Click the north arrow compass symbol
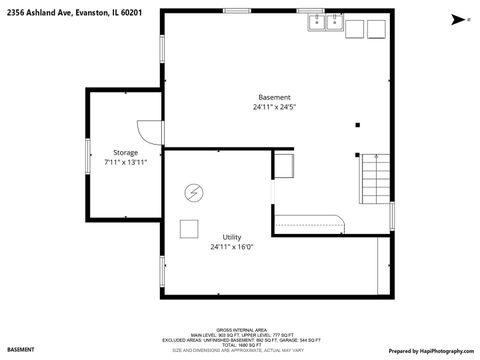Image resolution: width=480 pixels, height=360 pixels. [457, 19]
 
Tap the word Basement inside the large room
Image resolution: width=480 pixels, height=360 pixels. [275, 97]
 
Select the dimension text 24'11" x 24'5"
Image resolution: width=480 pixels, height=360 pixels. [275, 107]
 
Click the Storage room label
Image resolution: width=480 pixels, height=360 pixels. [125, 151]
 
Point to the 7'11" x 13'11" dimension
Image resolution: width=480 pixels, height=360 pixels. [125, 162]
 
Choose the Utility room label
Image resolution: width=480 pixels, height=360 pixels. [231, 236]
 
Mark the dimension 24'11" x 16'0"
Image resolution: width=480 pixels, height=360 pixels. [231, 246]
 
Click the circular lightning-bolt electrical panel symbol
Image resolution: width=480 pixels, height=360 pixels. [193, 192]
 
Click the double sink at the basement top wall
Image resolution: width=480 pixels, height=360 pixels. [327, 22]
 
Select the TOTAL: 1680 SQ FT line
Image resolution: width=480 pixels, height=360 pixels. [239, 343]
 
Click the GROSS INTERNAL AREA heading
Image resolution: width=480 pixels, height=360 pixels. [239, 328]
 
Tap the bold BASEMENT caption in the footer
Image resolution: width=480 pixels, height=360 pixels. [21, 351]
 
